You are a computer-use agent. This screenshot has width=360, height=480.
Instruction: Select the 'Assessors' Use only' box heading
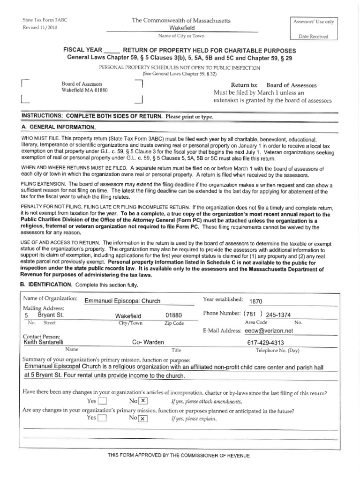pos(314,22)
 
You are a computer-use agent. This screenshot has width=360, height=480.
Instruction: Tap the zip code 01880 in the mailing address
pos(173,315)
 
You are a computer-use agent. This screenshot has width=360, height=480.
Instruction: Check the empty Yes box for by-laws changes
pos(102,401)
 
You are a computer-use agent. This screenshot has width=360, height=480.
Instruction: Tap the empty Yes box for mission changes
pos(102,419)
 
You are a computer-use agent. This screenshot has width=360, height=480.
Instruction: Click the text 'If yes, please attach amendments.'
pos(207,402)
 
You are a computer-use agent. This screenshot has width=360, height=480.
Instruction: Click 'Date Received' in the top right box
pos(314,37)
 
